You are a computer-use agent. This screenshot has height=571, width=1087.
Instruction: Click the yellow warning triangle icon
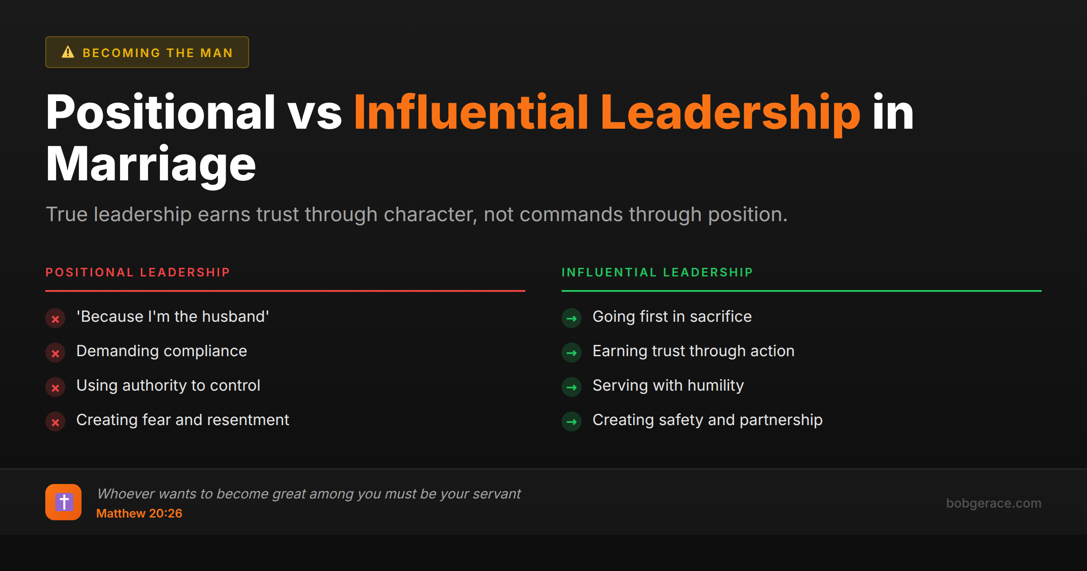[x=68, y=52]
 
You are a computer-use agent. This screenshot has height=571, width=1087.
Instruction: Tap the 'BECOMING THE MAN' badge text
[x=158, y=53]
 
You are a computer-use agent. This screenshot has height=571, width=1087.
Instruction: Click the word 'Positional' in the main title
[x=160, y=112]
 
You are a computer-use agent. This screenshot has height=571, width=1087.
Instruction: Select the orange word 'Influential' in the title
[x=471, y=112]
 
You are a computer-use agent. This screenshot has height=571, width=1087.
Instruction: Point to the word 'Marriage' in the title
[x=151, y=164]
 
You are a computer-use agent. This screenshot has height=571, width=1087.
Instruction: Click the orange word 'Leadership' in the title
[x=730, y=112]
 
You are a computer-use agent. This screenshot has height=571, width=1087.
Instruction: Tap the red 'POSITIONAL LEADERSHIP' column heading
[x=138, y=272]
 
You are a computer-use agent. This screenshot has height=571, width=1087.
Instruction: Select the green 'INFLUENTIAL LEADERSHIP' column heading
[x=657, y=272]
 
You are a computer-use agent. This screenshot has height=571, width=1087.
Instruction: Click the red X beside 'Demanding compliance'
[x=55, y=353]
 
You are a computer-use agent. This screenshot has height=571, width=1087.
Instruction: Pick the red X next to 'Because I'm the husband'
[x=55, y=319]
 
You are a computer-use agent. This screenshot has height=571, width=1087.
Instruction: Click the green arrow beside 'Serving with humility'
[x=572, y=387]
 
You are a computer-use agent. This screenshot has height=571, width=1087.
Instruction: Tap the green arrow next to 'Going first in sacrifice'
[x=572, y=319]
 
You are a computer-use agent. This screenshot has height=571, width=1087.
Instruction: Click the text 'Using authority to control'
[x=168, y=385]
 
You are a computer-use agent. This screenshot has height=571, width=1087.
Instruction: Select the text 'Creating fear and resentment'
[x=183, y=420]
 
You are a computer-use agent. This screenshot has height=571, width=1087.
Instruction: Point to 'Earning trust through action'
[x=693, y=351]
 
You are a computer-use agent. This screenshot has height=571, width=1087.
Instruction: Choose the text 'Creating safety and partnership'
[x=707, y=420]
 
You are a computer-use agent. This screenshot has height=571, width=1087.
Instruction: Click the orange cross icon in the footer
[x=63, y=502]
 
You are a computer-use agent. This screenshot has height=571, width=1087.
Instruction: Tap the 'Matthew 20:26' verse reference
[x=139, y=513]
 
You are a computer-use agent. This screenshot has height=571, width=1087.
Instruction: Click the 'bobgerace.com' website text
[x=994, y=503]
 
